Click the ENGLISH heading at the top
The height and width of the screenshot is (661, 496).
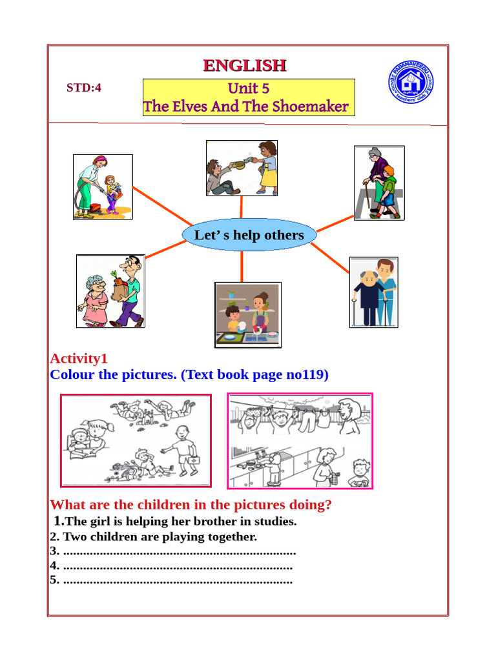pos(244,65)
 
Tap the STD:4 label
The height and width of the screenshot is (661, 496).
pos(84,88)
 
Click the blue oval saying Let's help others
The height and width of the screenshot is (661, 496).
pos(249,234)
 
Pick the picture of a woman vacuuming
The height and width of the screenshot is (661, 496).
pos(103,187)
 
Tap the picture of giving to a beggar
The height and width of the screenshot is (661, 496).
pos(242,168)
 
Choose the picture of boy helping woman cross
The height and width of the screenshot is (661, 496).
pos(379,183)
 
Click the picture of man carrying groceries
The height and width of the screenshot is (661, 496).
pos(110,290)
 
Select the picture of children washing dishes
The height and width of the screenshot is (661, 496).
pos(248,315)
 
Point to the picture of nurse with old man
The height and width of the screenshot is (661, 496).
pos(373,292)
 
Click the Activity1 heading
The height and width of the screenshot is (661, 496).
pos(79,359)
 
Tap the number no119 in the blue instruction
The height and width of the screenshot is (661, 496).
pos(306,374)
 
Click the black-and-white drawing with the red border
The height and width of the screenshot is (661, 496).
pos(136,440)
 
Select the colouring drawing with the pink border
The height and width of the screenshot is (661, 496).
pos(300,441)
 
